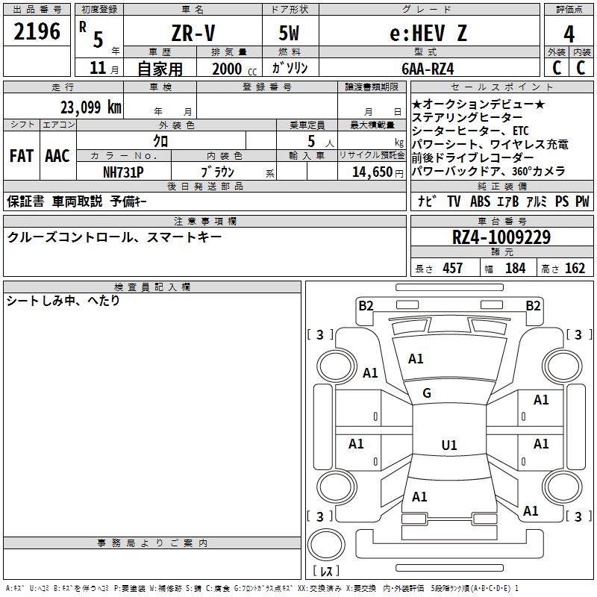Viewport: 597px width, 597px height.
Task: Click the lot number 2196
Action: [37, 31]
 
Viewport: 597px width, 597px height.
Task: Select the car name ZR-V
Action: [193, 33]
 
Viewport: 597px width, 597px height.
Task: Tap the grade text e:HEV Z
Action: [428, 33]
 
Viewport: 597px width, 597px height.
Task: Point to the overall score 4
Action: [569, 34]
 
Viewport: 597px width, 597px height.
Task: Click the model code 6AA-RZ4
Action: [428, 69]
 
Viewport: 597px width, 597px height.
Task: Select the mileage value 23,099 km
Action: [91, 107]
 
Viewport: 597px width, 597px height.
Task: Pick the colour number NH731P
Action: [123, 172]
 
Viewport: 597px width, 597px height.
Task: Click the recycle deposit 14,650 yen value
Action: [378, 172]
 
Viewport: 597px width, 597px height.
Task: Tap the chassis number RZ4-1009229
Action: [501, 237]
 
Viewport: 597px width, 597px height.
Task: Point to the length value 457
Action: [453, 268]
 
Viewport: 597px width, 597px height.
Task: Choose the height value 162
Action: [575, 268]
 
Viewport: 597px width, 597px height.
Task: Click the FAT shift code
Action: [22, 156]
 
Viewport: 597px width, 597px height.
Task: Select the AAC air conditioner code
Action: [57, 156]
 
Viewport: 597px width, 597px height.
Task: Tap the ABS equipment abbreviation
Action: [480, 201]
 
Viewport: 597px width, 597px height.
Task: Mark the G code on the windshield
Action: [427, 393]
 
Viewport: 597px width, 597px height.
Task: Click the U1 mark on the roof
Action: [449, 445]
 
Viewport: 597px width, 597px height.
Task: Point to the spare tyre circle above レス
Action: [326, 544]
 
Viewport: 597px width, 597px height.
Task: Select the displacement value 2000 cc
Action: [234, 69]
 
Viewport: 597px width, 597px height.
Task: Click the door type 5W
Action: [289, 33]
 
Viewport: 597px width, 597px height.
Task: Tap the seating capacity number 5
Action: [311, 141]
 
